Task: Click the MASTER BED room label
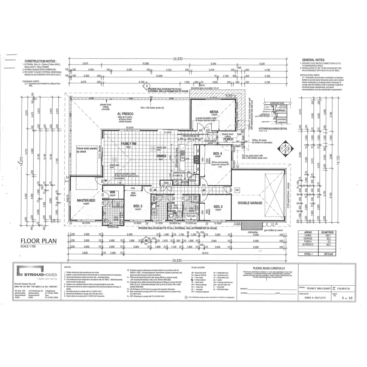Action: (86, 200)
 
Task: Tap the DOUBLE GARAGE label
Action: (250, 203)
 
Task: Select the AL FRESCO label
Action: (125, 113)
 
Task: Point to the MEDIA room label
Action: (213, 112)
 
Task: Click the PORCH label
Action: (228, 139)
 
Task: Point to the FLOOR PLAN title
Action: (39, 241)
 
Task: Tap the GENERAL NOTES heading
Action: (313, 60)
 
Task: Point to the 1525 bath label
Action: (191, 216)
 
